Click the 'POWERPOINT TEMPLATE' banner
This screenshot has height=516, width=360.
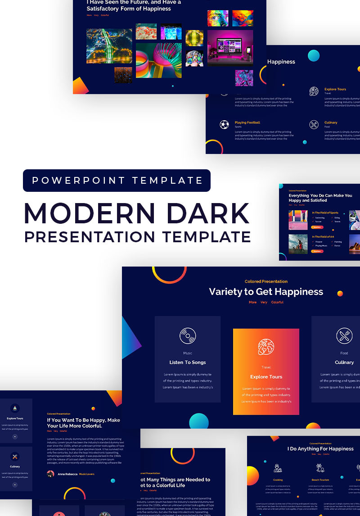(x=117, y=181)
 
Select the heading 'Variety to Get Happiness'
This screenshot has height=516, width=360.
(x=266, y=292)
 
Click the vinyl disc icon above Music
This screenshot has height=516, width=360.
(x=188, y=336)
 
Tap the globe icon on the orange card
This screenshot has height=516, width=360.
(x=266, y=347)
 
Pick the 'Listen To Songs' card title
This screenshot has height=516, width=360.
(x=188, y=362)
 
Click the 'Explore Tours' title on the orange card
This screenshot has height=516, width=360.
(x=266, y=377)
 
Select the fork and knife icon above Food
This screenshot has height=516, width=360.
(x=344, y=336)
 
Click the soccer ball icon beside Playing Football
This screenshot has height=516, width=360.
(x=224, y=124)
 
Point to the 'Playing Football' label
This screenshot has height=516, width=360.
(x=247, y=122)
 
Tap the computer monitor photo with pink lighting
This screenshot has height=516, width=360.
(x=230, y=48)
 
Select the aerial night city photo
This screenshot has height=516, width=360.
(x=109, y=46)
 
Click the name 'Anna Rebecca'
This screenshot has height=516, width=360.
(x=67, y=474)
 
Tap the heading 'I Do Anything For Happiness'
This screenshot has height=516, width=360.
(x=320, y=449)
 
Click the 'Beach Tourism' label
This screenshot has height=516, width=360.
(x=320, y=480)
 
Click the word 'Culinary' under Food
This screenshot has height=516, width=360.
(x=344, y=362)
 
